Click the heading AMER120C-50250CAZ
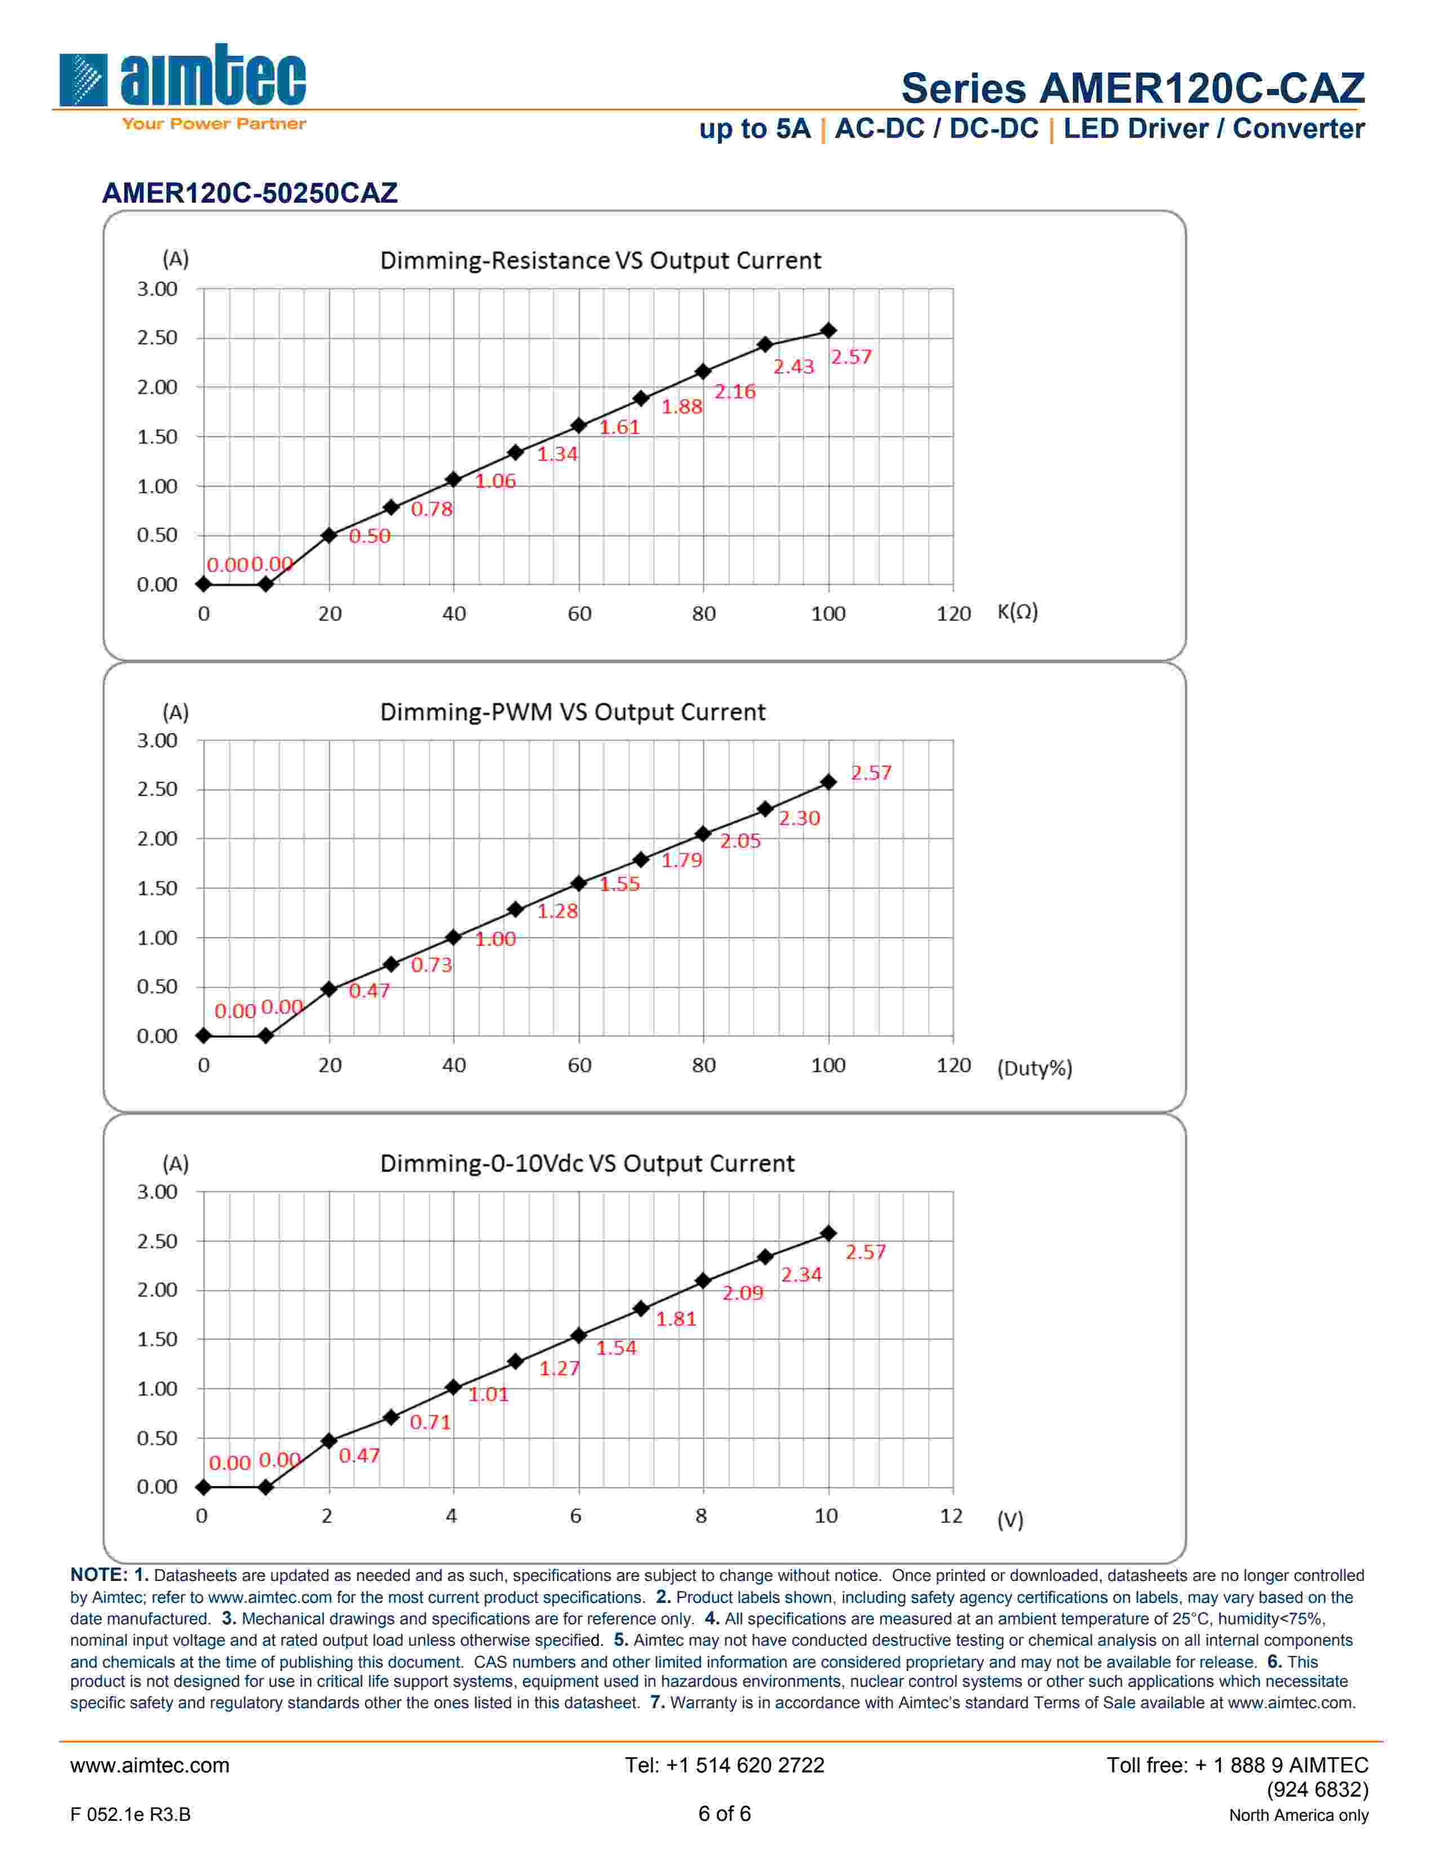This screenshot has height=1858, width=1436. pyautogui.click(x=249, y=193)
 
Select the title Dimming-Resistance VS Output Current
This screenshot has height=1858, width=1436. pyautogui.click(x=600, y=260)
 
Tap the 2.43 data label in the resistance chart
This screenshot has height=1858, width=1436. pyautogui.click(x=793, y=367)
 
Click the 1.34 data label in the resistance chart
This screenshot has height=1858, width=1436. pyautogui.click(x=557, y=454)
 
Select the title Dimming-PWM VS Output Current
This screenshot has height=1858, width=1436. pyautogui.click(x=572, y=712)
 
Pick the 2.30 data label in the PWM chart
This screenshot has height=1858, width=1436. pyautogui.click(x=799, y=819)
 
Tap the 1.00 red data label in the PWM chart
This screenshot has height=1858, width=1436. pyautogui.click(x=495, y=939)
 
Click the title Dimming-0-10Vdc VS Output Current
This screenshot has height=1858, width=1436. pyautogui.click(x=587, y=1163)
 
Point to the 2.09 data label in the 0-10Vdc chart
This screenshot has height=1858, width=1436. pyautogui.click(x=743, y=1293)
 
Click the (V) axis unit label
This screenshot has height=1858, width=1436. pyautogui.click(x=1010, y=1520)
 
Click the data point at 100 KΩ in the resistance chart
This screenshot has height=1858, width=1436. pyautogui.click(x=828, y=331)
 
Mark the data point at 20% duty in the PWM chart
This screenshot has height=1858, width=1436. pyautogui.click(x=329, y=989)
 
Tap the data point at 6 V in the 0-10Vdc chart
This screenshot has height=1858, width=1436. pyautogui.click(x=578, y=1336)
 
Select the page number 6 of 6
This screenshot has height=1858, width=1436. pyautogui.click(x=724, y=1814)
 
